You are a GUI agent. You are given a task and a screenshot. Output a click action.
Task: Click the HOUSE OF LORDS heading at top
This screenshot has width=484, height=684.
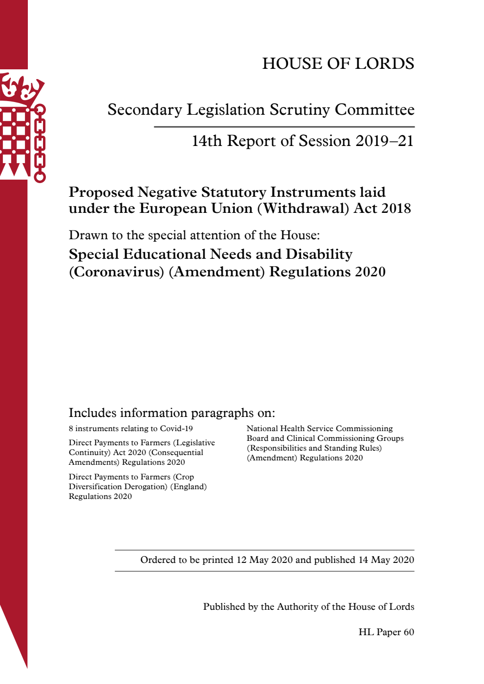coord(338,63)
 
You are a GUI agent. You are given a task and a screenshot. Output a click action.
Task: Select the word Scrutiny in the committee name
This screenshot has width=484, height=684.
coord(300,110)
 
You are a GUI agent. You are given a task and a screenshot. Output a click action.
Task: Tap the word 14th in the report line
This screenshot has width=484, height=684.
coord(207,141)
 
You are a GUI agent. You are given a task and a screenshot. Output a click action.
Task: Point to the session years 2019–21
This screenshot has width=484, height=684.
coord(384,141)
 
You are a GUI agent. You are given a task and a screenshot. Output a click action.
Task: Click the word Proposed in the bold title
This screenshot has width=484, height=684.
coord(101,192)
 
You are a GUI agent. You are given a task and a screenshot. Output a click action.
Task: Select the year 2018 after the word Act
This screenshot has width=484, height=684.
coord(396,208)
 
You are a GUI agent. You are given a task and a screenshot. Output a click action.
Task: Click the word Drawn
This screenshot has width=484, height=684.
coord(88,235)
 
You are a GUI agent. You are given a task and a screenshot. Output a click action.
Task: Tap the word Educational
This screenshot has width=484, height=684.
coord(165,254)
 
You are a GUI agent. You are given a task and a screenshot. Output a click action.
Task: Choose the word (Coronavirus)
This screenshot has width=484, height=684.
coord(116,272)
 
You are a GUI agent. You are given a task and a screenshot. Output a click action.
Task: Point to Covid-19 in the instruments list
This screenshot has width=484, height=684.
coord(176,429)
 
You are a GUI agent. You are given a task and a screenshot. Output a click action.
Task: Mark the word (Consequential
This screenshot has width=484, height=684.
coord(176,453)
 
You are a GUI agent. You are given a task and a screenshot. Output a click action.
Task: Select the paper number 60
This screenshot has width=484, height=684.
coord(409,632)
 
